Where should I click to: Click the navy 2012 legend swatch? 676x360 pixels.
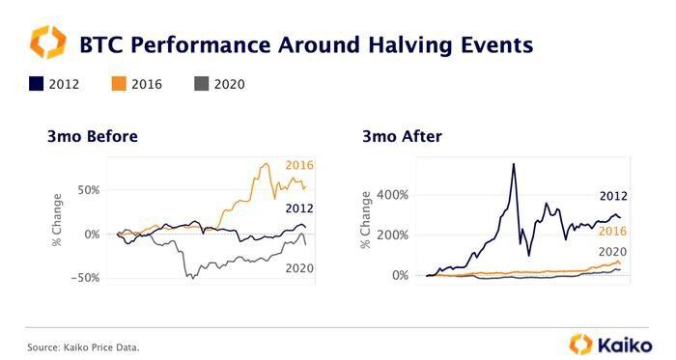(x=37, y=84)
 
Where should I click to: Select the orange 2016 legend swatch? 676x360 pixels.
(x=119, y=84)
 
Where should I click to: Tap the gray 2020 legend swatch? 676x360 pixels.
(x=201, y=84)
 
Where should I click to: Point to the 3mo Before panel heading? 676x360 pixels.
(x=93, y=136)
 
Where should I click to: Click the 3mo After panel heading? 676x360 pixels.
(x=403, y=136)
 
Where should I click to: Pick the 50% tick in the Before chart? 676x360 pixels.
(x=89, y=190)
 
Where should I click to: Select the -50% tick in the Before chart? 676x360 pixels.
(x=85, y=278)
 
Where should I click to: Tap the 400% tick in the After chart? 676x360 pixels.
(x=392, y=195)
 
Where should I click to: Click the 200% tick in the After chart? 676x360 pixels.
(x=392, y=235)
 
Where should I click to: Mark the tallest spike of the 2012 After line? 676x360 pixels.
(x=514, y=164)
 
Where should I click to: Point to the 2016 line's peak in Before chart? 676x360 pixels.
(x=267, y=164)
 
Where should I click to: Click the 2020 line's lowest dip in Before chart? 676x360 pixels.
(x=193, y=278)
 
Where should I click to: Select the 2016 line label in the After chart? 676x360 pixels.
(x=612, y=232)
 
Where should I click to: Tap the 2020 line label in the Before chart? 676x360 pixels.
(x=299, y=268)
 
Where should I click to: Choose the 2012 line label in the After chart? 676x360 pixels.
(x=613, y=196)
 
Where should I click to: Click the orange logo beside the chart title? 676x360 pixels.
(x=48, y=42)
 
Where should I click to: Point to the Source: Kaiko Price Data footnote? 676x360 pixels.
(x=83, y=347)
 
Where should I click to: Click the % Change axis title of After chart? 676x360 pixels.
(x=366, y=220)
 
